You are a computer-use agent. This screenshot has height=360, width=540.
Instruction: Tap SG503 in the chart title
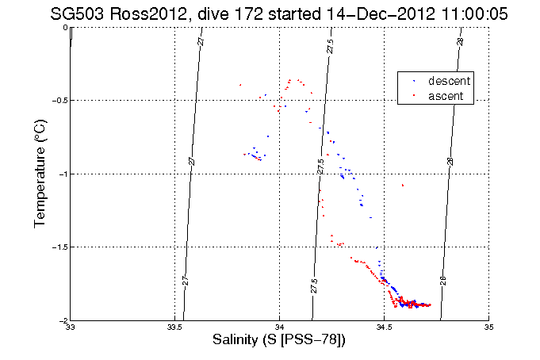click(77, 13)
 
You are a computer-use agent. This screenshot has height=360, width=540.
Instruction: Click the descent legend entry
click(449, 82)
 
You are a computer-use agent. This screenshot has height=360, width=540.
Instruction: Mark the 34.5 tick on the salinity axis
click(384, 327)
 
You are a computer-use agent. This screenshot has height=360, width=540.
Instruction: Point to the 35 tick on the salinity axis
click(488, 327)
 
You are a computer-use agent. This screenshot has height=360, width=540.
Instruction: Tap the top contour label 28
click(461, 40)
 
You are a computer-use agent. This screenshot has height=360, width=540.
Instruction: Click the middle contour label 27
click(191, 161)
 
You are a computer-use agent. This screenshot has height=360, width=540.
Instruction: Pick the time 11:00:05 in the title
click(459, 13)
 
